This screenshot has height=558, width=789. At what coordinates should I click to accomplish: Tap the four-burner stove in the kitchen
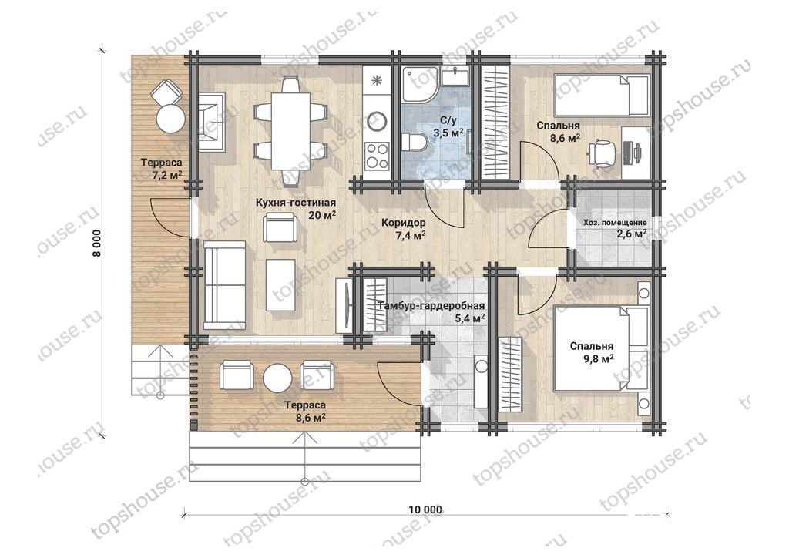[377, 156]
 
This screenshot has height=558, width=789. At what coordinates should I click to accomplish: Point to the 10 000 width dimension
[425, 509]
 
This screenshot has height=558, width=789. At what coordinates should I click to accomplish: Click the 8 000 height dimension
[96, 243]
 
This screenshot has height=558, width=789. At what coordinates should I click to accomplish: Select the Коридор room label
[403, 223]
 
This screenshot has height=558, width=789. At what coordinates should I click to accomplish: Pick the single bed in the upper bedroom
[601, 95]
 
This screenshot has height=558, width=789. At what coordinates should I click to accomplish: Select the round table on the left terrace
[170, 118]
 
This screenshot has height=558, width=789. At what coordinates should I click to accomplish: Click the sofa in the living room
[225, 285]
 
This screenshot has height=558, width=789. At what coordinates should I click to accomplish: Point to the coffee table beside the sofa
[280, 286]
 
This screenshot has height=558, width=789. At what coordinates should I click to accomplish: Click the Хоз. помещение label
[615, 223]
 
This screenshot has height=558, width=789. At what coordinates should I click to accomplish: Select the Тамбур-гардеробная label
[431, 306]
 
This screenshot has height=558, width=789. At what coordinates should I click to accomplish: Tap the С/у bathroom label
[448, 121]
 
